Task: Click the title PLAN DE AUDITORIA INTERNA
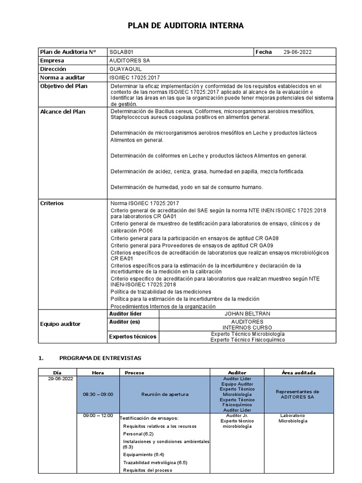click(x=186, y=26)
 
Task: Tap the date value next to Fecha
click(x=298, y=52)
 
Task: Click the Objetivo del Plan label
click(x=64, y=86)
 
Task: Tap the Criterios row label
click(x=52, y=203)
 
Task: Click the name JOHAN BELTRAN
click(x=247, y=314)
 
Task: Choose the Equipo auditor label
click(x=60, y=324)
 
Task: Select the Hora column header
click(x=98, y=373)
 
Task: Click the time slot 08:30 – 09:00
click(x=98, y=394)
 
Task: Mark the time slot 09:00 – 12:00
click(x=98, y=416)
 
